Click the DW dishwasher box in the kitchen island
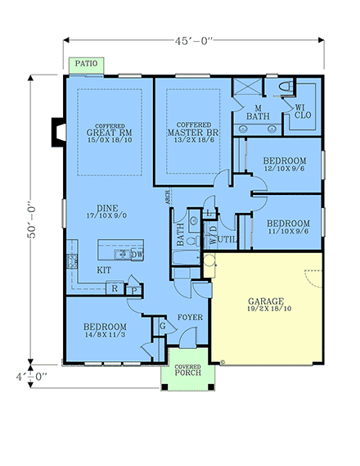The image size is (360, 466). tap(137, 255)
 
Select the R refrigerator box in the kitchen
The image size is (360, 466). tap(115, 287)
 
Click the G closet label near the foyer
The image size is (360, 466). tap(162, 325)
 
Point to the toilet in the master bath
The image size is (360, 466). tap(280, 88)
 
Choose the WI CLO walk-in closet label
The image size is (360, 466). tap(299, 111)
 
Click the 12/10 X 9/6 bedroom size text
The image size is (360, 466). tap(286, 169)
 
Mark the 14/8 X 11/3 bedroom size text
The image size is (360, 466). tap(104, 335)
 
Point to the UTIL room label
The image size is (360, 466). tap(227, 239)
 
